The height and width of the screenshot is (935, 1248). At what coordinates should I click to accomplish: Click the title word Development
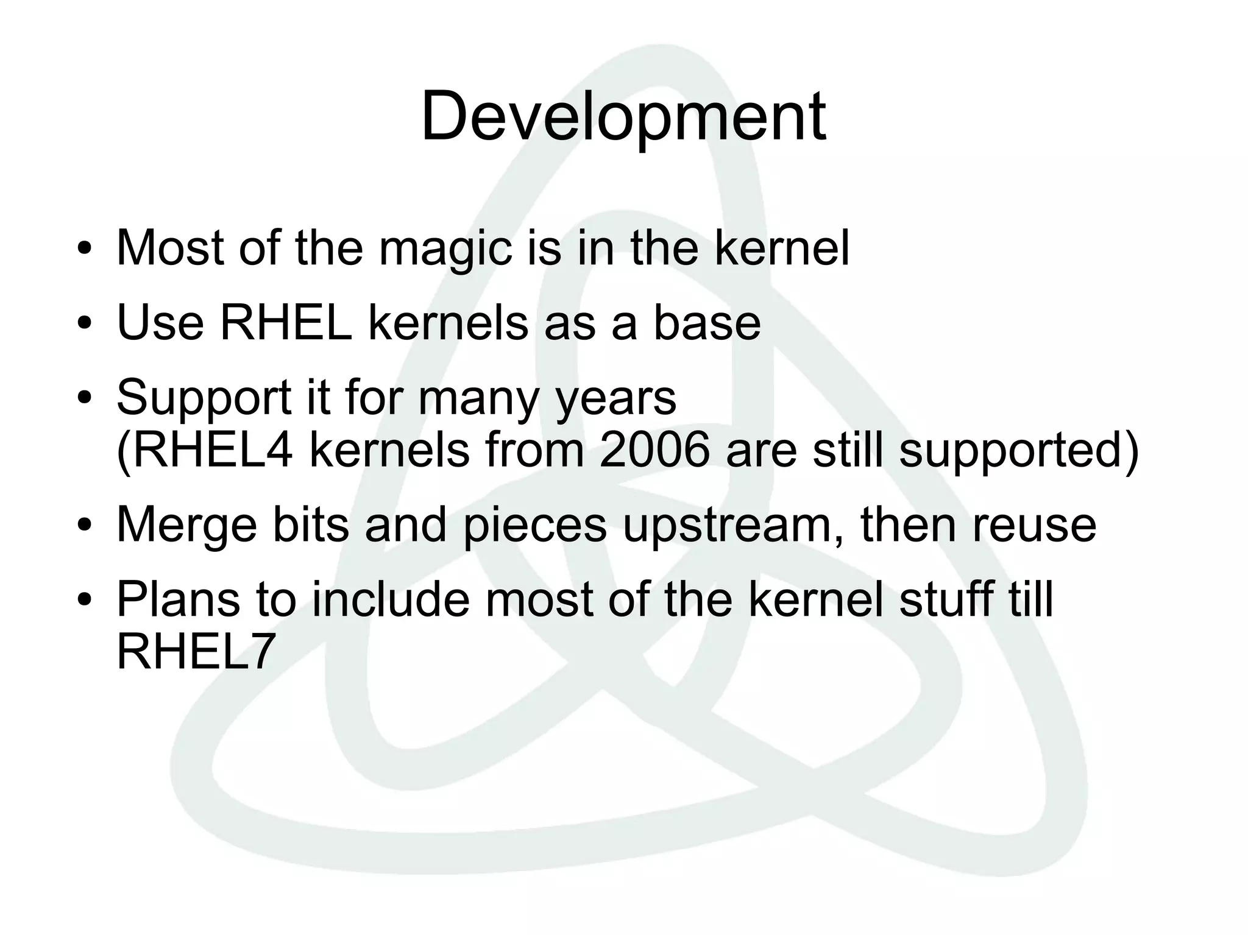tap(623, 117)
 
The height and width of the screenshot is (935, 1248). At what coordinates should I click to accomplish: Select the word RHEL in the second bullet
tap(286, 323)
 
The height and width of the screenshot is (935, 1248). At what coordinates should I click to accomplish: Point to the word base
tap(707, 323)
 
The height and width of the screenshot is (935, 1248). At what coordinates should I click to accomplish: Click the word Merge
tap(187, 525)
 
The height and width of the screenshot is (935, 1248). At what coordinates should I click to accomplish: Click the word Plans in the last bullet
tap(178, 599)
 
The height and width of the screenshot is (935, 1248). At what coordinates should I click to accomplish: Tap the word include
tap(391, 599)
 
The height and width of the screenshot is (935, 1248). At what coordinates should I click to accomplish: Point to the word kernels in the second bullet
tap(448, 323)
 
